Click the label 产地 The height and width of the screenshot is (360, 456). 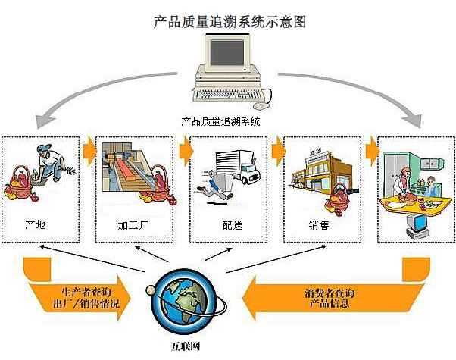[x=35, y=225]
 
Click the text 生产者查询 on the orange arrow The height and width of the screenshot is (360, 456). [x=89, y=293]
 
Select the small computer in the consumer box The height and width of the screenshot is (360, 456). [x=416, y=223]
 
